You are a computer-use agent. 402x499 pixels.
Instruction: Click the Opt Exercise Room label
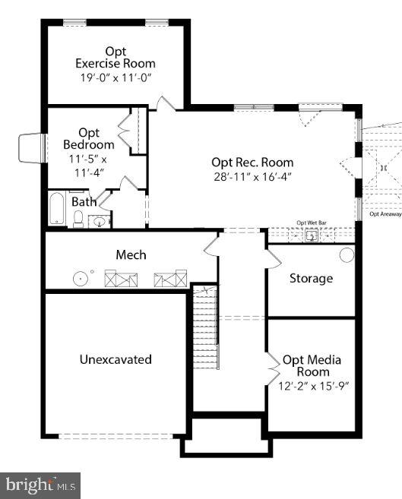pyautogui.click(x=116, y=57)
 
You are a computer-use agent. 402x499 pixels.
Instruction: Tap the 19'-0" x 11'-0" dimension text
pyautogui.click(x=116, y=77)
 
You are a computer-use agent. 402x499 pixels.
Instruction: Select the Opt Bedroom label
pyautogui.click(x=89, y=139)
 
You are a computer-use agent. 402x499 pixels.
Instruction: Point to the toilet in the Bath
pyautogui.click(x=78, y=219)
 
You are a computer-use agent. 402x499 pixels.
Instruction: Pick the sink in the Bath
pyautogui.click(x=99, y=222)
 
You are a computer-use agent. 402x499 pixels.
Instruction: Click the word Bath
pyautogui.click(x=84, y=202)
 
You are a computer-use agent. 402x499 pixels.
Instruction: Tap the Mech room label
pyautogui.click(x=131, y=254)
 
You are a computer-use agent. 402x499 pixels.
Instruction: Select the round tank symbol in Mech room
pyautogui.click(x=80, y=279)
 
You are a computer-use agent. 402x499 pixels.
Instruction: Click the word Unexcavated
pyautogui.click(x=116, y=359)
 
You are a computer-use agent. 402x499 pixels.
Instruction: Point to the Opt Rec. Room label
pyautogui.click(x=252, y=162)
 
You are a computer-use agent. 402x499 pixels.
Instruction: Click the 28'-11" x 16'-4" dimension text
pyautogui.click(x=252, y=176)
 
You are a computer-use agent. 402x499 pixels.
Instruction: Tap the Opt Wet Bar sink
pyautogui.click(x=312, y=235)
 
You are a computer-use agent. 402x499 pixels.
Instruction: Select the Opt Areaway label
pyautogui.click(x=385, y=214)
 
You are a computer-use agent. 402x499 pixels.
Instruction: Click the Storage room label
pyautogui.click(x=311, y=278)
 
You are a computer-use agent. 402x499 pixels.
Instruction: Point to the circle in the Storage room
pyautogui.click(x=347, y=254)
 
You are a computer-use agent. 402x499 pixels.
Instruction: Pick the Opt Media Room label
pyautogui.click(x=312, y=365)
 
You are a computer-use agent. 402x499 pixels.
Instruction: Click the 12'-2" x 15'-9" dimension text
pyautogui.click(x=312, y=385)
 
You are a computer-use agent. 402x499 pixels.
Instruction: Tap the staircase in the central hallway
pyautogui.click(x=204, y=327)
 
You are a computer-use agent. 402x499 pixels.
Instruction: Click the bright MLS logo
pyautogui.click(x=40, y=485)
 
